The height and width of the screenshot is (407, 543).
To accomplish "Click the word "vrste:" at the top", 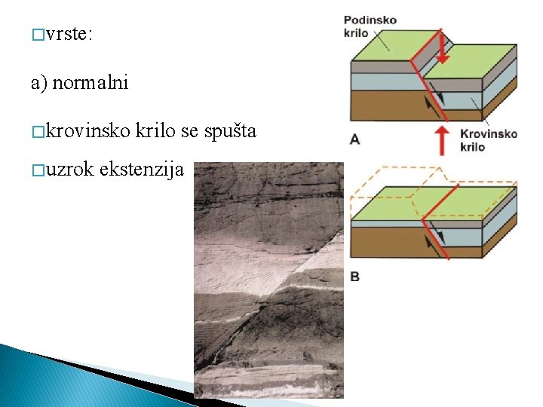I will point(69,35).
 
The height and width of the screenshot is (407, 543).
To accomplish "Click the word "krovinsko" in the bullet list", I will point(87,132).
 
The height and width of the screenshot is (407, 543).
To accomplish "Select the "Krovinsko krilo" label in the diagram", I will point(488,140).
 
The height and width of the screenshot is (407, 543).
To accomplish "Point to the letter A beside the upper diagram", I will point(354,139).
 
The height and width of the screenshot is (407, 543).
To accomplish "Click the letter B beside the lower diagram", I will point(354,277).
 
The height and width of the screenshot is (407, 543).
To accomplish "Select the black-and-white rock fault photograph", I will point(268,279).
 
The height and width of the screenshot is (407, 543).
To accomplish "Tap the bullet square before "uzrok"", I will point(37,170).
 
